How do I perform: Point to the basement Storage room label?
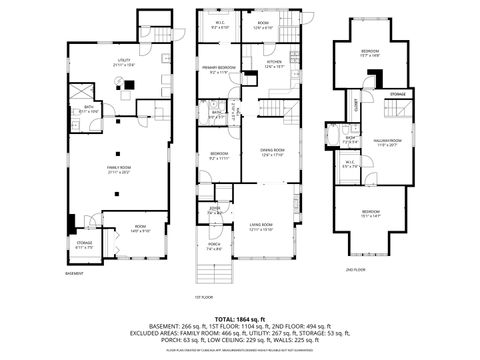(85, 244)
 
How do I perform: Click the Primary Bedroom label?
(219, 69)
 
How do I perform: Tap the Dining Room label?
(273, 153)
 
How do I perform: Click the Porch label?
(214, 247)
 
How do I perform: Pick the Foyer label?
(215, 211)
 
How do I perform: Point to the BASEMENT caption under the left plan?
(75, 272)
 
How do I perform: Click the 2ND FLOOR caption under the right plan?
(357, 270)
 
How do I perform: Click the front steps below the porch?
(214, 275)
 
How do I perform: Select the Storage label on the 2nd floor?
(398, 93)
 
